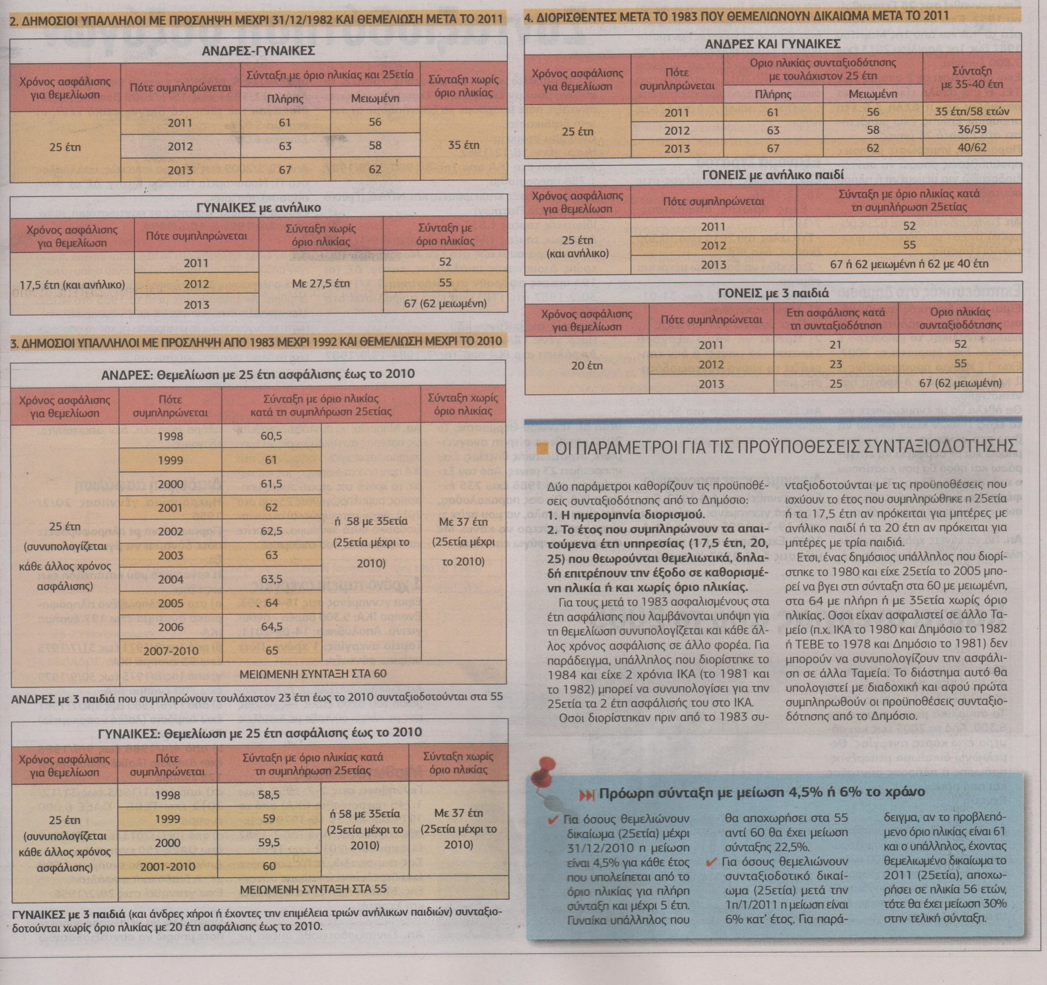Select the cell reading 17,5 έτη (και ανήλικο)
coord(72,284)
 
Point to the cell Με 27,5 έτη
coord(321,283)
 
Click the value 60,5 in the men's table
coord(271,436)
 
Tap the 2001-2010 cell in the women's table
coord(167,866)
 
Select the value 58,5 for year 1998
coord(269,795)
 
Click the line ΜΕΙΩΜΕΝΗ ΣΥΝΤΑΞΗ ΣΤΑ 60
coord(313,674)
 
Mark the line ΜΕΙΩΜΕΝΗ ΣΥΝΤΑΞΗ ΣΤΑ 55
coord(313,889)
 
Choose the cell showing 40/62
coord(972,148)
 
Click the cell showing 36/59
coord(972,130)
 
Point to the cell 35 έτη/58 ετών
coord(972,112)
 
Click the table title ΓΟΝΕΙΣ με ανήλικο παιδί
coord(773,174)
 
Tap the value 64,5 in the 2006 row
coord(271,627)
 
